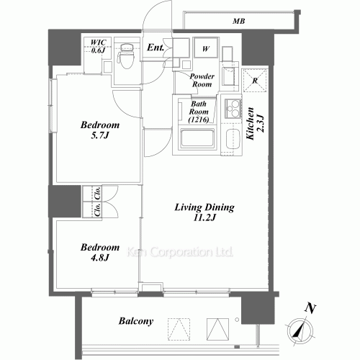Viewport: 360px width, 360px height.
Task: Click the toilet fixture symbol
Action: [125, 56]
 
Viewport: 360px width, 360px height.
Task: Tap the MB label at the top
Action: [238, 21]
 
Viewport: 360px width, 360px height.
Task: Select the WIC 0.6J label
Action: [99, 46]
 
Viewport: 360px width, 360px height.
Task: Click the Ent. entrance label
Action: [156, 48]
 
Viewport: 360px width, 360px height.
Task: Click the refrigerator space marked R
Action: [255, 81]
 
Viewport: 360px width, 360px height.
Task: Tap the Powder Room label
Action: [202, 80]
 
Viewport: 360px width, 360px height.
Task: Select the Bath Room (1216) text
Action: [199, 112]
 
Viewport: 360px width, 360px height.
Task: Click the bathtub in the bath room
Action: [197, 139]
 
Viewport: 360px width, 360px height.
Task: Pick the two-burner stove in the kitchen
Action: [233, 109]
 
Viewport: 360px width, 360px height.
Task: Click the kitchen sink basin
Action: [233, 139]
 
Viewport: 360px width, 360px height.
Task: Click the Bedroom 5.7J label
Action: [100, 130]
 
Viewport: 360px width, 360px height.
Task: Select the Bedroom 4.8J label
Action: [100, 252]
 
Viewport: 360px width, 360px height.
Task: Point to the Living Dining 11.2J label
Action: [204, 212]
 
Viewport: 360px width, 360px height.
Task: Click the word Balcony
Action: [136, 321]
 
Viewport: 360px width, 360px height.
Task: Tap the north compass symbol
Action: [300, 332]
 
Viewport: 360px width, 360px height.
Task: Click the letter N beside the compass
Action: [310, 308]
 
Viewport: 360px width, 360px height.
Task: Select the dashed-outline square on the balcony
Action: [179, 329]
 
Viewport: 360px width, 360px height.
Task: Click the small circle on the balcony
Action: [237, 320]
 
